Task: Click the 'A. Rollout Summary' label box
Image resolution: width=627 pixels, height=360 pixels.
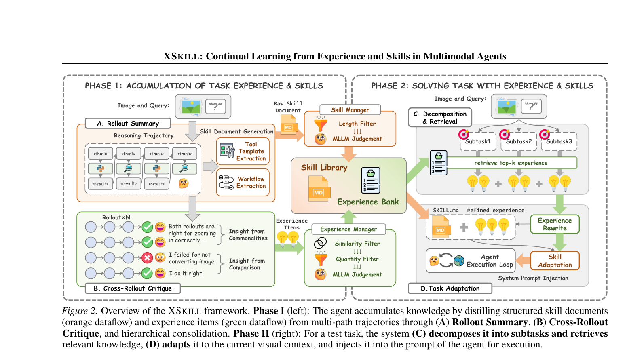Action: click(128, 123)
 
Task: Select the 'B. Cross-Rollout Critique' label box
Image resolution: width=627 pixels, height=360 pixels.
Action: click(133, 288)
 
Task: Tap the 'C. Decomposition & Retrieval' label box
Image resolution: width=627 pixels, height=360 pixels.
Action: click(440, 117)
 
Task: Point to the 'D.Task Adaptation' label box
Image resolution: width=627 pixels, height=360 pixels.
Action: click(450, 288)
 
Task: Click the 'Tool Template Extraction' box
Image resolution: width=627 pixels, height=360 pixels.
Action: click(243, 151)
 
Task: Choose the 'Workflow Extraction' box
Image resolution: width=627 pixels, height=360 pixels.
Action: click(243, 183)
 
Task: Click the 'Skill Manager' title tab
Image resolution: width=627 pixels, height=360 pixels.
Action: click(350, 109)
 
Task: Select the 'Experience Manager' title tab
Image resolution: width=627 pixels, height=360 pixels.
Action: click(348, 229)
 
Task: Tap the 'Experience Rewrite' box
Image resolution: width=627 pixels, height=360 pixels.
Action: click(555, 224)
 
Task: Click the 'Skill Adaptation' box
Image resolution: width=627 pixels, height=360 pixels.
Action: click(555, 261)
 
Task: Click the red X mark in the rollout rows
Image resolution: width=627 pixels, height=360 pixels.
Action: click(147, 257)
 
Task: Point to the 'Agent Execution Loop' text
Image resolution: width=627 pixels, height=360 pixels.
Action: click(490, 261)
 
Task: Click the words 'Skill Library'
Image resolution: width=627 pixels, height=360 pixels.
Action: click(324, 167)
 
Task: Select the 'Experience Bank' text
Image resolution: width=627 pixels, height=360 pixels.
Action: click(368, 202)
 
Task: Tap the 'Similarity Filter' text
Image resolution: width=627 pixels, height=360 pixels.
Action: click(357, 244)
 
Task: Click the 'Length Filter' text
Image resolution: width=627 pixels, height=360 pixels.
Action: click(357, 124)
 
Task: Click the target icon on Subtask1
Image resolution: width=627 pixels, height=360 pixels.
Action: click(464, 134)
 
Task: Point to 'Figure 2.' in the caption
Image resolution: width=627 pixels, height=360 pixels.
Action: click(80, 311)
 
